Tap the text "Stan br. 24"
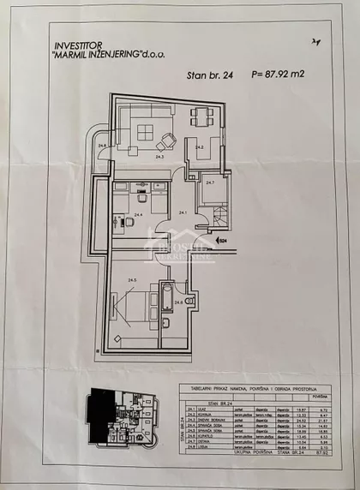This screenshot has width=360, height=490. coord(210,75)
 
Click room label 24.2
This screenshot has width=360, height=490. coord(199,148)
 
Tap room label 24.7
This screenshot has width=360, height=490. coord(210,182)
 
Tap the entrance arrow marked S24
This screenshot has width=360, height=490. coord(219,242)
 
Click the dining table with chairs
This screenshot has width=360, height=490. coord(203,117)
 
